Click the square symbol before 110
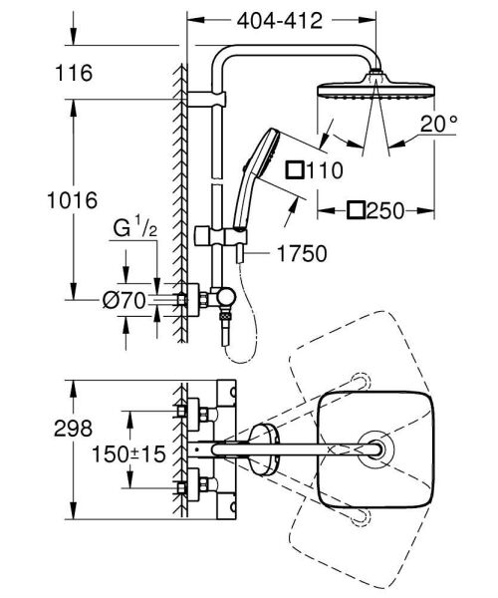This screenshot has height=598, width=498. pyautogui.click(x=295, y=170)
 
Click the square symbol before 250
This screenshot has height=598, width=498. pyautogui.click(x=356, y=210)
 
